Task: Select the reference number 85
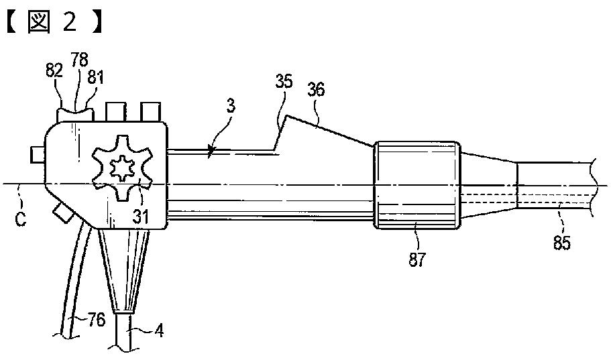[562, 243]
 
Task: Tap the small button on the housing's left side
[38, 155]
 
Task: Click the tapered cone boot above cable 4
[125, 268]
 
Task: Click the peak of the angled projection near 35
[287, 116]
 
